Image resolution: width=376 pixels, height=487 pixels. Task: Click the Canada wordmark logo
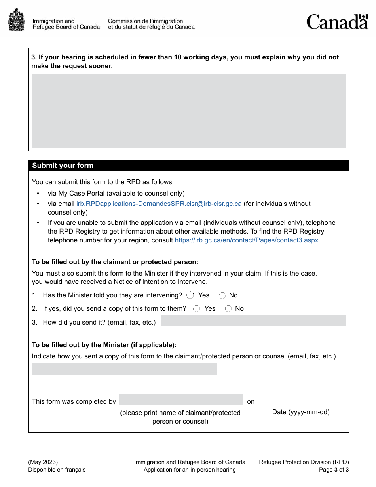[337, 22]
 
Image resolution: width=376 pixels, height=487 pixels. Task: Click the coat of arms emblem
[16, 20]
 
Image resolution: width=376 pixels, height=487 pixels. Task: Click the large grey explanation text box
[189, 111]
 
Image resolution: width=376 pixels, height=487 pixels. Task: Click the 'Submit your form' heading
[63, 166]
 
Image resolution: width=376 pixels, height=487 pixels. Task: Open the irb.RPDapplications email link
[159, 204]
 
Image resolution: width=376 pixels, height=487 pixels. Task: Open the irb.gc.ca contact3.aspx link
[247, 240]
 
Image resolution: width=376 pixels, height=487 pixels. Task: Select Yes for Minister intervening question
[190, 295]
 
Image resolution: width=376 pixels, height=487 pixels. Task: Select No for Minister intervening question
[222, 295]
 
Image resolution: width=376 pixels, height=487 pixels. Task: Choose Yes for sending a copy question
[197, 309]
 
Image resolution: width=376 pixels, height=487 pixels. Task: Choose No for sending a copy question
[228, 309]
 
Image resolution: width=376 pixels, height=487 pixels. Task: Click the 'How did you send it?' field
[253, 321]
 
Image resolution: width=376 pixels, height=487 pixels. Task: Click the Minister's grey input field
[124, 369]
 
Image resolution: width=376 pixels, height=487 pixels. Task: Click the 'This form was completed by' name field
[181, 399]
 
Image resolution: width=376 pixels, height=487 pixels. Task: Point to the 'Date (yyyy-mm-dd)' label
[301, 412]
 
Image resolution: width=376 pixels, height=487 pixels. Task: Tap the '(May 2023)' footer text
[43, 462]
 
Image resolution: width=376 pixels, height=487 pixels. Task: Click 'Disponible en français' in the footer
[57, 470]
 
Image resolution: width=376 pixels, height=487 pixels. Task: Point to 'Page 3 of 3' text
[334, 470]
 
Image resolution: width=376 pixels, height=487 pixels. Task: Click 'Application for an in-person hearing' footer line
[190, 470]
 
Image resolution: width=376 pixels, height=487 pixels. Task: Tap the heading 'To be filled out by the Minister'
[104, 345]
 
